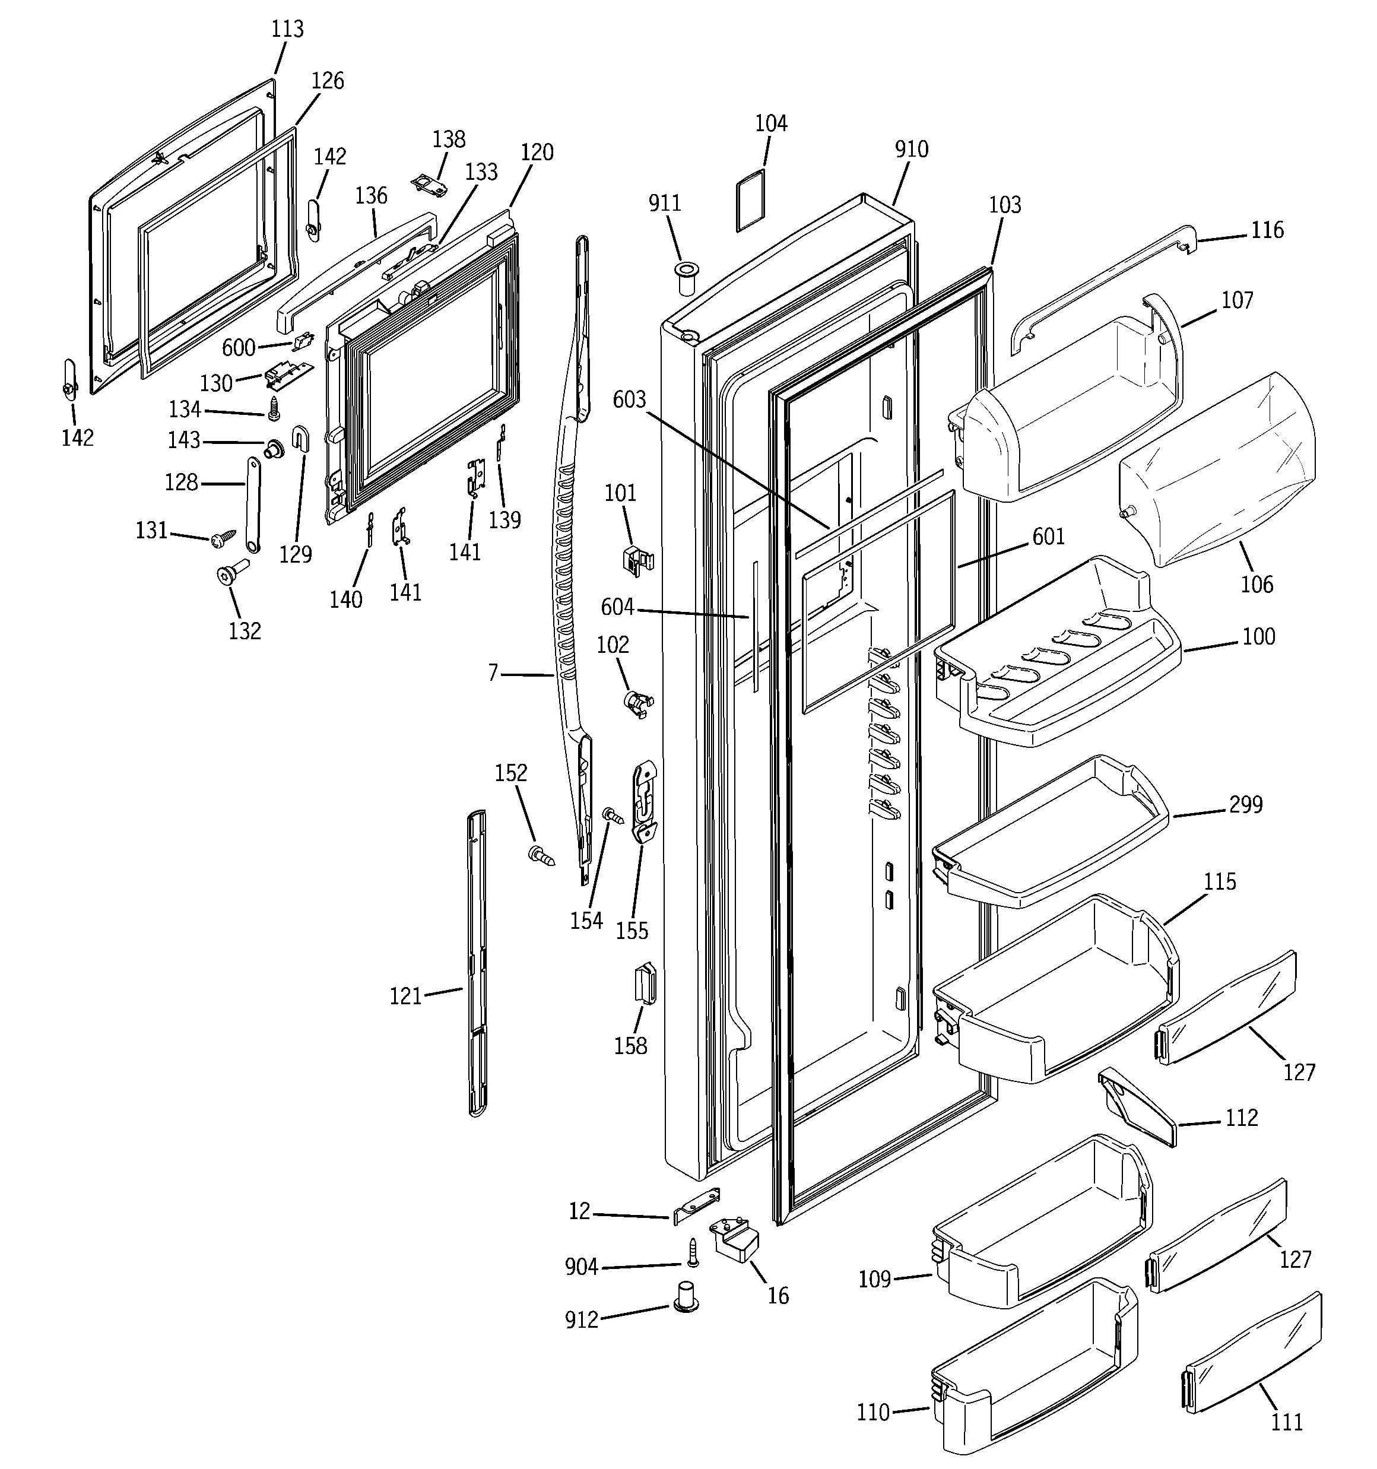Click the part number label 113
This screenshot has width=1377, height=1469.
(x=287, y=30)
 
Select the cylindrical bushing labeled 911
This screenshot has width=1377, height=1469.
(x=687, y=278)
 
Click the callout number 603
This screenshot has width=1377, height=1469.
(x=629, y=400)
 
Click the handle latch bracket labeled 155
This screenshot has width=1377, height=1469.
(x=645, y=802)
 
